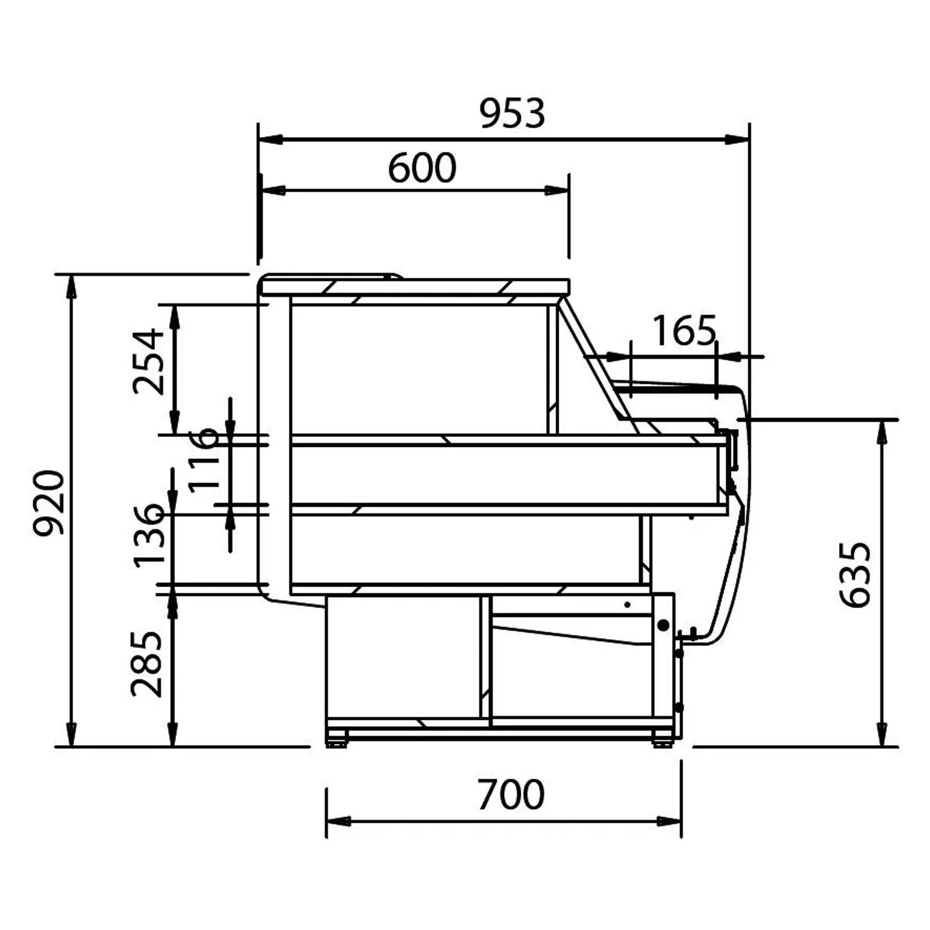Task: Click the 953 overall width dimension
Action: tap(512, 114)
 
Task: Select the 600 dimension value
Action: tap(422, 168)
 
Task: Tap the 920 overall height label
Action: tap(49, 503)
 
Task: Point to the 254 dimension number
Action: tap(149, 362)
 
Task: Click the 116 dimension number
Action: tap(204, 459)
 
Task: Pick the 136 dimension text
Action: tap(149, 534)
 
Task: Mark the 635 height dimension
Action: tap(855, 575)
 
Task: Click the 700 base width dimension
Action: tap(511, 795)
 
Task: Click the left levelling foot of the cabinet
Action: tap(337, 740)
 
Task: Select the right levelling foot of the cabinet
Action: tap(662, 740)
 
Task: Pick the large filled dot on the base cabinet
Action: tap(663, 625)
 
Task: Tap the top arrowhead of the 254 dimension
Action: tap(175, 317)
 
